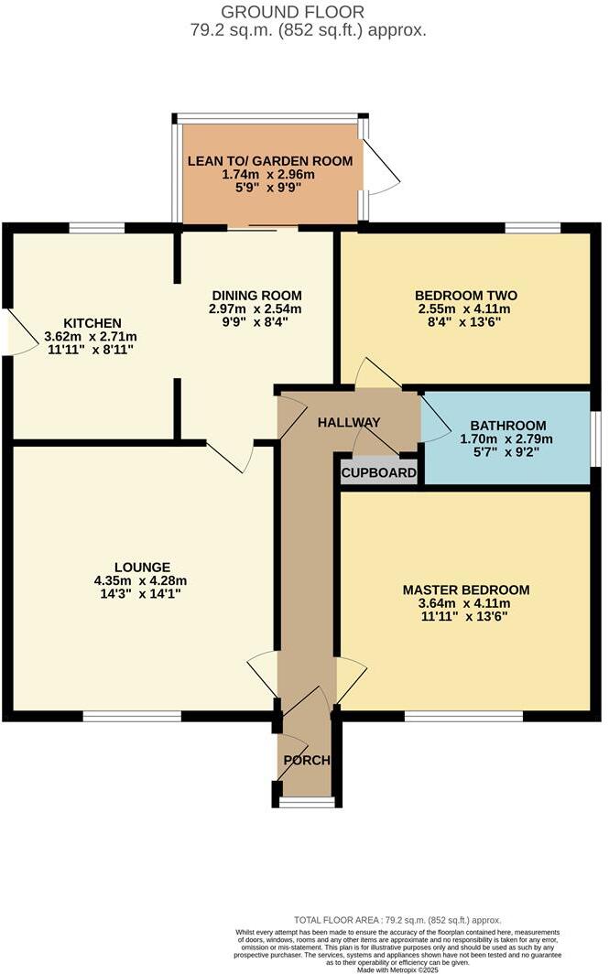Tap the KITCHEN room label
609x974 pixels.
click(x=92, y=323)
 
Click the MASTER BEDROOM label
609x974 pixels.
click(x=466, y=590)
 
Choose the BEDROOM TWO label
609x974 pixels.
click(x=466, y=295)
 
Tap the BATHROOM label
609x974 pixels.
click(x=508, y=426)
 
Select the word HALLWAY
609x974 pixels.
click(x=349, y=423)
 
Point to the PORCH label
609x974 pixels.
click(x=306, y=761)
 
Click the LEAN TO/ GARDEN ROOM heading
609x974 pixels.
click(x=270, y=161)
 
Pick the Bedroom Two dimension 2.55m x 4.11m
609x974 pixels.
click(x=466, y=308)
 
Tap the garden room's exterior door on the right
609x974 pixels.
click(x=379, y=169)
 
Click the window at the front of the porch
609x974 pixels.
click(x=305, y=803)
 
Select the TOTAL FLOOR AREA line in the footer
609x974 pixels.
click(x=397, y=919)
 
